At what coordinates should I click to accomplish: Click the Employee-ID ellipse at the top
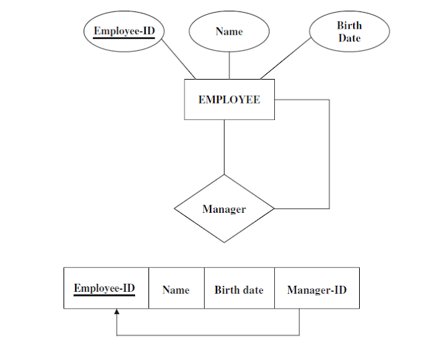(x=124, y=31)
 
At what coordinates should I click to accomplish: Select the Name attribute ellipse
(x=229, y=31)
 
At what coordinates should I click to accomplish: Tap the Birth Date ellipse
(x=348, y=32)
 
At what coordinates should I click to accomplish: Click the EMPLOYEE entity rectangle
(x=229, y=100)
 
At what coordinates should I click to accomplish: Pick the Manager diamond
(x=224, y=209)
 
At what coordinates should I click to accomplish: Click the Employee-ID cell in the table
(x=106, y=288)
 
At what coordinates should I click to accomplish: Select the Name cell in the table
(x=176, y=288)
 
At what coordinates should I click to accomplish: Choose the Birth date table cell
(x=239, y=288)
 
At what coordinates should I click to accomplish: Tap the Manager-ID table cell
(x=316, y=288)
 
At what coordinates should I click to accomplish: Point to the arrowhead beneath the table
(x=116, y=312)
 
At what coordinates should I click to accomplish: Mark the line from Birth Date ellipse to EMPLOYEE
(x=286, y=58)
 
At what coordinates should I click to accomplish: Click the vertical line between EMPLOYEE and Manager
(x=224, y=147)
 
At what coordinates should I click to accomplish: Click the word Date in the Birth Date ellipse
(x=349, y=39)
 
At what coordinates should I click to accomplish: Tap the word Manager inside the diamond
(x=224, y=209)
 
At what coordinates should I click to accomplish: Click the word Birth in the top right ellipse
(x=349, y=25)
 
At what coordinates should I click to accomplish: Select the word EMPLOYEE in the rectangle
(x=229, y=100)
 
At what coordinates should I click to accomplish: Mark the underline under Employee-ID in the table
(x=104, y=295)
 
